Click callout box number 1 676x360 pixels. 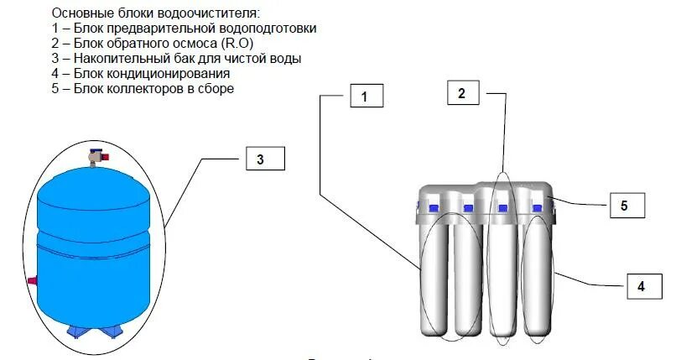pos(364,97)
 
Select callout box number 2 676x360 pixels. pos(461,93)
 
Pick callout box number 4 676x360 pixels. pos(641,286)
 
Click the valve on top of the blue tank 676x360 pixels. pos(96,154)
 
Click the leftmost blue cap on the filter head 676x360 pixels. pos(434,205)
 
